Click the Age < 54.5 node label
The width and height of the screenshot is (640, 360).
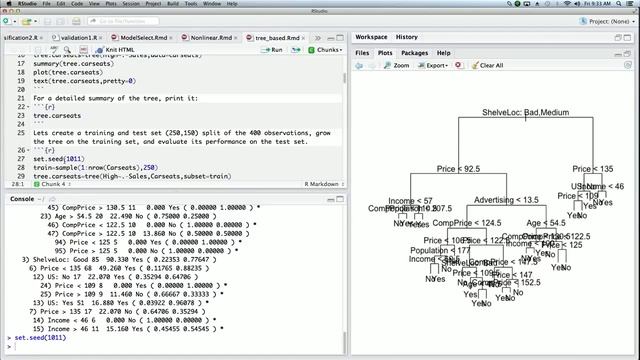pyautogui.click(x=545, y=223)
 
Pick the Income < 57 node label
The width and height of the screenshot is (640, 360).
pyautogui.click(x=409, y=200)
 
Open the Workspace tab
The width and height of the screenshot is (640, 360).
pyautogui.click(x=373, y=37)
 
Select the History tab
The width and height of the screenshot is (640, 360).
pyautogui.click(x=406, y=37)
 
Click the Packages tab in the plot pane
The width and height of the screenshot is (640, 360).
pyautogui.click(x=414, y=52)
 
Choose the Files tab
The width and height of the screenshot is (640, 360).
pyautogui.click(x=361, y=52)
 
